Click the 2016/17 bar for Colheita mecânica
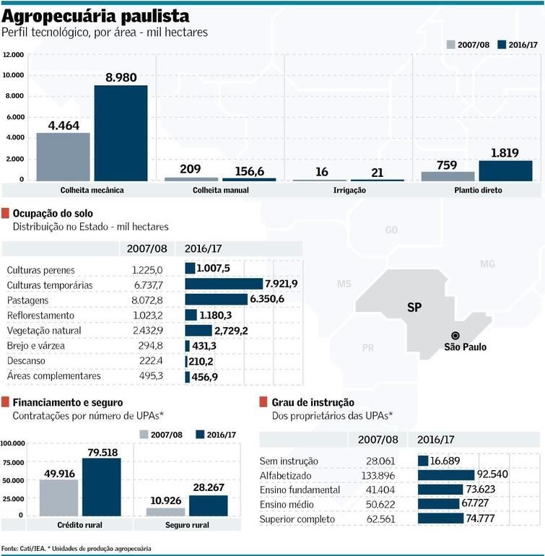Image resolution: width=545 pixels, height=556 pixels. tap(121, 132)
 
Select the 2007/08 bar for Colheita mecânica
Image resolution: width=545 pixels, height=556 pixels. tap(63, 156)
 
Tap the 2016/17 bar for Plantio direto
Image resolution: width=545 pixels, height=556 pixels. tap(505, 170)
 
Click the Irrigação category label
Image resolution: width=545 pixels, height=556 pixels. tap(350, 190)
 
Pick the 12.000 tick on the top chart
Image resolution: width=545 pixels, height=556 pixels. tap(14, 55)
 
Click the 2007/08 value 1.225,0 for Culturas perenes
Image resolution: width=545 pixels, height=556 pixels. tap(148, 269)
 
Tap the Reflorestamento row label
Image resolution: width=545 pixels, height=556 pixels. tap(40, 316)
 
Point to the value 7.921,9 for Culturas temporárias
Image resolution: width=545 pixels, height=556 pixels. tap(282, 284)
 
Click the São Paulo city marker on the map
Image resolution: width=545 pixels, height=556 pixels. tap(455, 335)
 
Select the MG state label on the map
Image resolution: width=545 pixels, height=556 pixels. tap(488, 264)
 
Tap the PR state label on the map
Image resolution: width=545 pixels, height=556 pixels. tap(368, 348)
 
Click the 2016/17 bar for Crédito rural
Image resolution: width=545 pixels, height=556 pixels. tap(102, 487)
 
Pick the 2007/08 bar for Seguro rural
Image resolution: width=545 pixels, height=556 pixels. tap(165, 511)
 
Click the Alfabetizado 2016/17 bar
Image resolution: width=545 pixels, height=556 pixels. tap(445, 474)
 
